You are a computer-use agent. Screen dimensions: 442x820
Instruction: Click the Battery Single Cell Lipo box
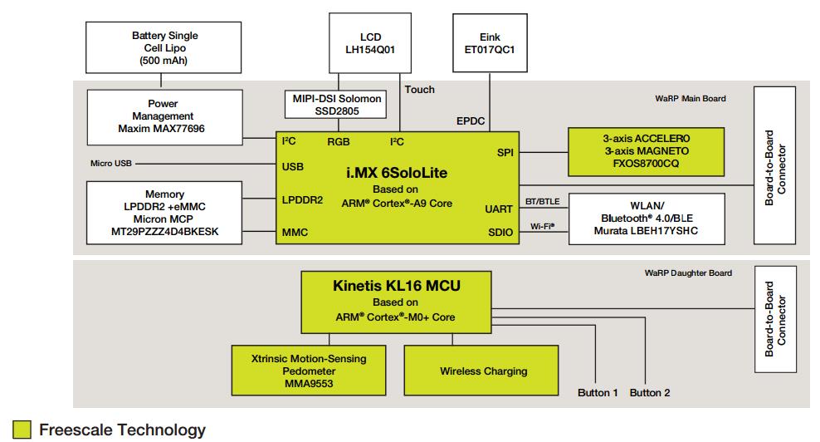point(164,47)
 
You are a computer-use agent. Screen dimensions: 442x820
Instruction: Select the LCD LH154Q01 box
point(370,42)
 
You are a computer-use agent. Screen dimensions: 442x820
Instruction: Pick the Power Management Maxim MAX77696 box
point(164,116)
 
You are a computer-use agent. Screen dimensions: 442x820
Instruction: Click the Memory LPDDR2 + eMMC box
point(164,212)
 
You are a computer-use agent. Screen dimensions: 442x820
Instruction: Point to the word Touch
point(419,90)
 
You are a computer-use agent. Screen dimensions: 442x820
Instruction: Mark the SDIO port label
point(500,233)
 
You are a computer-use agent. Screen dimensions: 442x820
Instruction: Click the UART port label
point(499,209)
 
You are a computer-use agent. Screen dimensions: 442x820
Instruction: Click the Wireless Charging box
point(483,371)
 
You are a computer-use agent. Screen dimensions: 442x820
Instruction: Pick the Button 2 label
point(650,392)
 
